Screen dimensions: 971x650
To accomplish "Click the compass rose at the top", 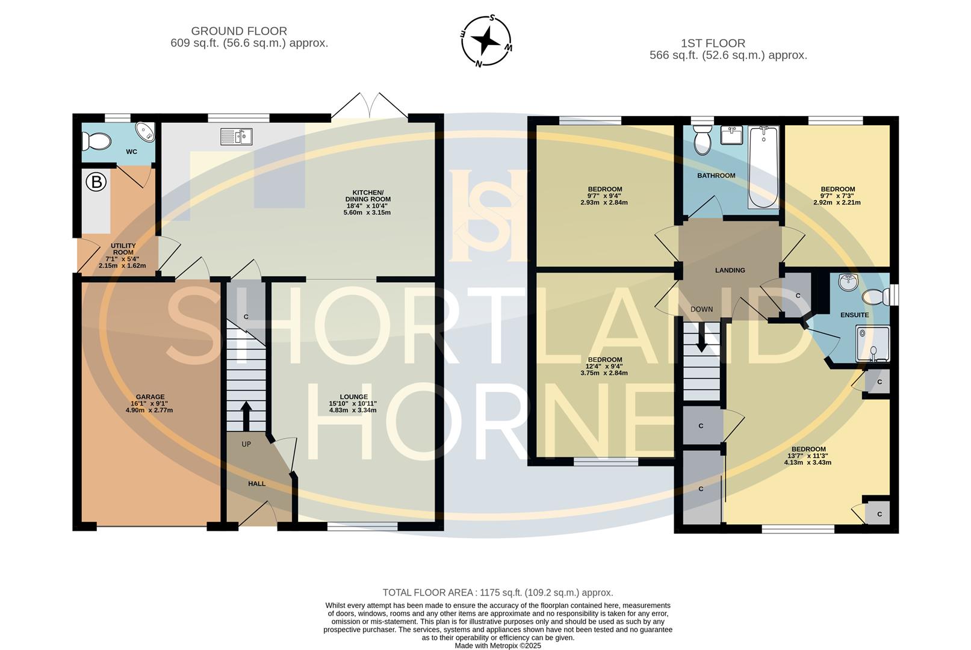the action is click(486, 41).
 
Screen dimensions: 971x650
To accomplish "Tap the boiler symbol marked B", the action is click(96, 182).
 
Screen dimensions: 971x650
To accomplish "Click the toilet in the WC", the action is click(96, 141).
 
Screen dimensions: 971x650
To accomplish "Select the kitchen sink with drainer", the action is click(236, 137).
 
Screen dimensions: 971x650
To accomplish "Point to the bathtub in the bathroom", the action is click(764, 167).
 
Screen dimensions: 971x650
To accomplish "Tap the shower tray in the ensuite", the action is click(873, 344).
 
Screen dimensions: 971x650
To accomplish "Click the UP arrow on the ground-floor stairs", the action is click(246, 415).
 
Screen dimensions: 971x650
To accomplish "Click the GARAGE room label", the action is click(150, 397).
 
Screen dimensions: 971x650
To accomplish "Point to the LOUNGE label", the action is click(354, 397).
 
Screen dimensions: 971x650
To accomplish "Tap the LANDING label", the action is click(730, 270).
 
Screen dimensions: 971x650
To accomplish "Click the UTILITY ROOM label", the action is click(123, 249).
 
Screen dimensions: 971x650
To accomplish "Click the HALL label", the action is click(256, 484).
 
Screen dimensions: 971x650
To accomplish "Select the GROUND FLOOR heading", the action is click(239, 31).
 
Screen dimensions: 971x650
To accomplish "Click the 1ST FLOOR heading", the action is click(713, 43).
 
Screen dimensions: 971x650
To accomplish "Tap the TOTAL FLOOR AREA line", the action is click(498, 592).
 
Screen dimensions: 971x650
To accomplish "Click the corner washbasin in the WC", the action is click(145, 131).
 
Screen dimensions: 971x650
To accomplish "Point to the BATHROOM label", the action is click(716, 176).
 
